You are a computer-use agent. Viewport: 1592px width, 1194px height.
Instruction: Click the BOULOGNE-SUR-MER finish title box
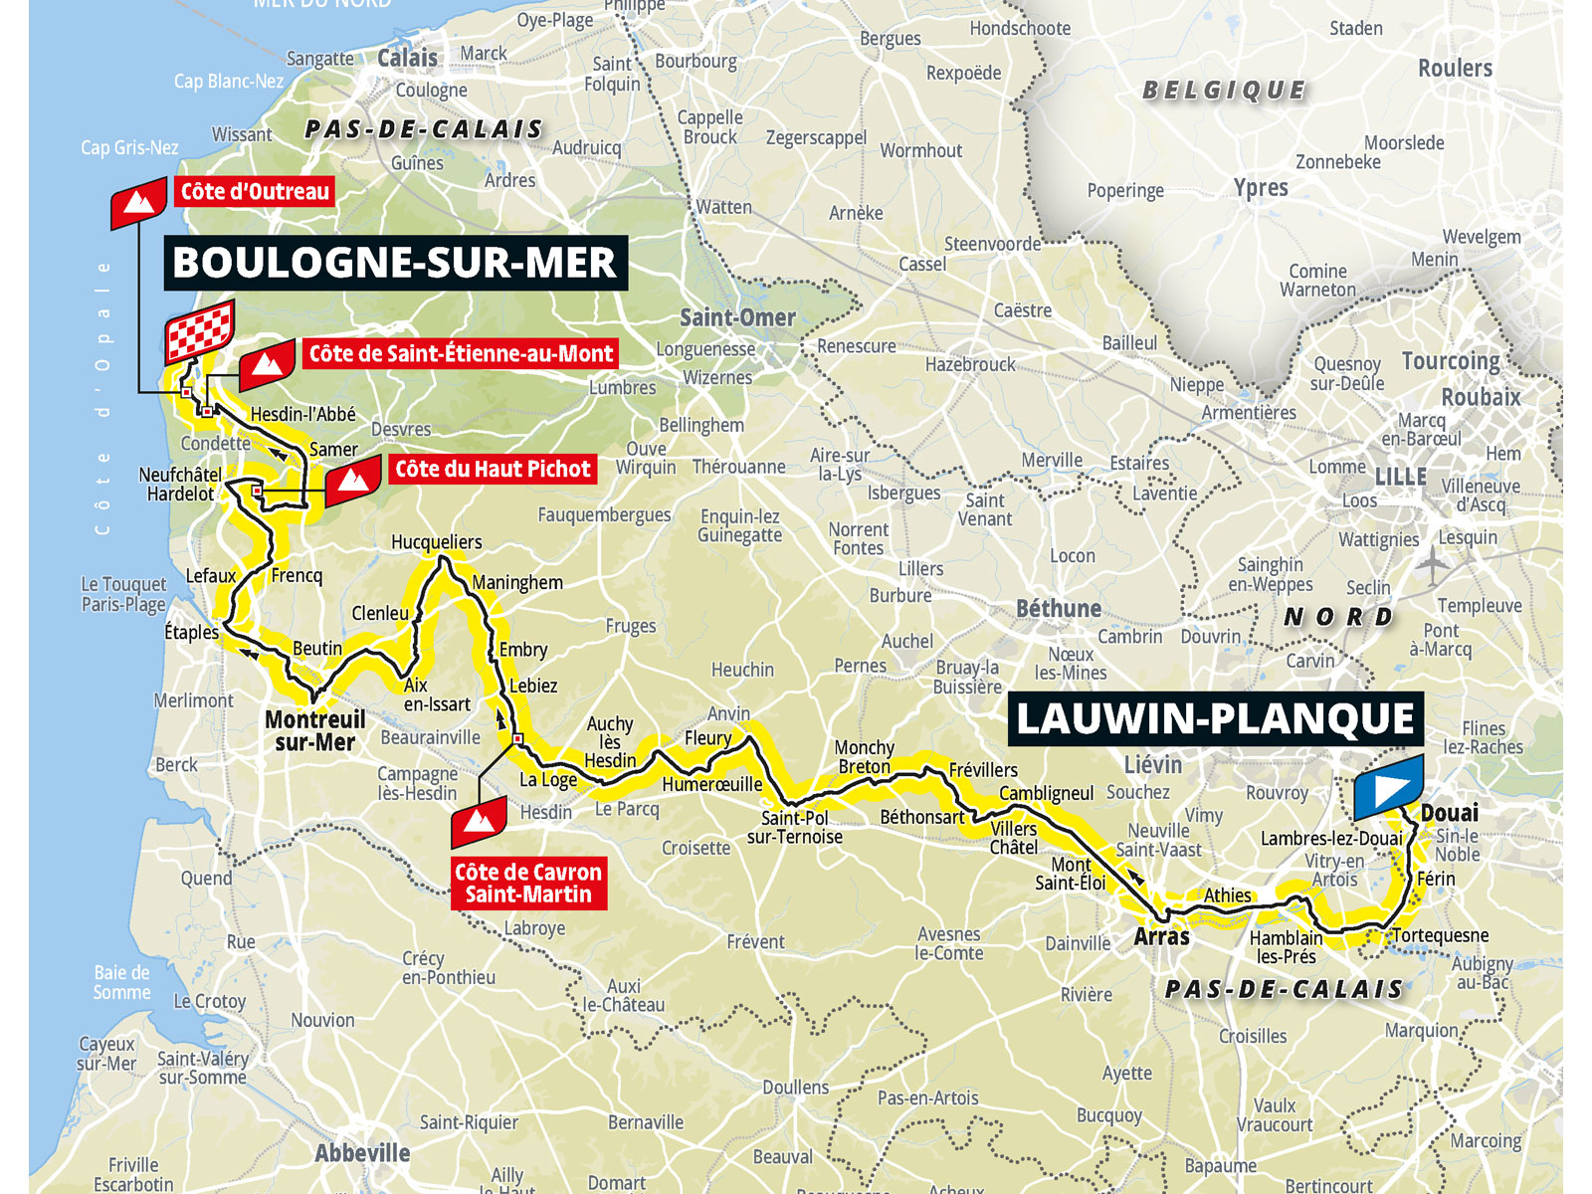click(395, 263)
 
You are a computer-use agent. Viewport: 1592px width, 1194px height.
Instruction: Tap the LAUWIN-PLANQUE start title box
click(1215, 718)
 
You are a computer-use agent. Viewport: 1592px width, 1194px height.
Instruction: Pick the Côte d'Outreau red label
click(255, 191)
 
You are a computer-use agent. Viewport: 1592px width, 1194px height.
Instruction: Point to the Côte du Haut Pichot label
click(493, 469)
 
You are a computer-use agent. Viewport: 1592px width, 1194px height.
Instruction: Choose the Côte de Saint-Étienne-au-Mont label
click(461, 353)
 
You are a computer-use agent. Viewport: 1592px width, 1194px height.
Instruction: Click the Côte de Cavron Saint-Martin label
click(527, 883)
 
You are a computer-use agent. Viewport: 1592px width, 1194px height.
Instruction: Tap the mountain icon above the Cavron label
click(480, 822)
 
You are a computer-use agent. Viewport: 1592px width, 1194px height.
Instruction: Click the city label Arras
click(1161, 936)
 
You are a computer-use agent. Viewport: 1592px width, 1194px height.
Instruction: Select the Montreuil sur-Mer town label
click(314, 730)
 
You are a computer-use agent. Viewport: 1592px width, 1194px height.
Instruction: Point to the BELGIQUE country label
click(1224, 91)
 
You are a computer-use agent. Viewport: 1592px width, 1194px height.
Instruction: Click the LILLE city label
click(1400, 477)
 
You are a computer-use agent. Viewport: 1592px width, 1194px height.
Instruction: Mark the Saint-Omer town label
click(737, 317)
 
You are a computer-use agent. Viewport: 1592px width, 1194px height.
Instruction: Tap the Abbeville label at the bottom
click(362, 1153)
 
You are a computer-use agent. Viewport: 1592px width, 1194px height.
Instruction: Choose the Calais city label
click(407, 58)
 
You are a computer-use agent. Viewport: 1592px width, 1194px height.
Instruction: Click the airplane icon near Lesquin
click(1433, 566)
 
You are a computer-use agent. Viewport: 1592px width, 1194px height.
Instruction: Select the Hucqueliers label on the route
click(436, 541)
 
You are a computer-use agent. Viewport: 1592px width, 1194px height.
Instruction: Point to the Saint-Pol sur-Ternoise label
click(794, 827)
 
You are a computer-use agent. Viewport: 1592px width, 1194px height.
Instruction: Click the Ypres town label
click(1260, 188)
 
